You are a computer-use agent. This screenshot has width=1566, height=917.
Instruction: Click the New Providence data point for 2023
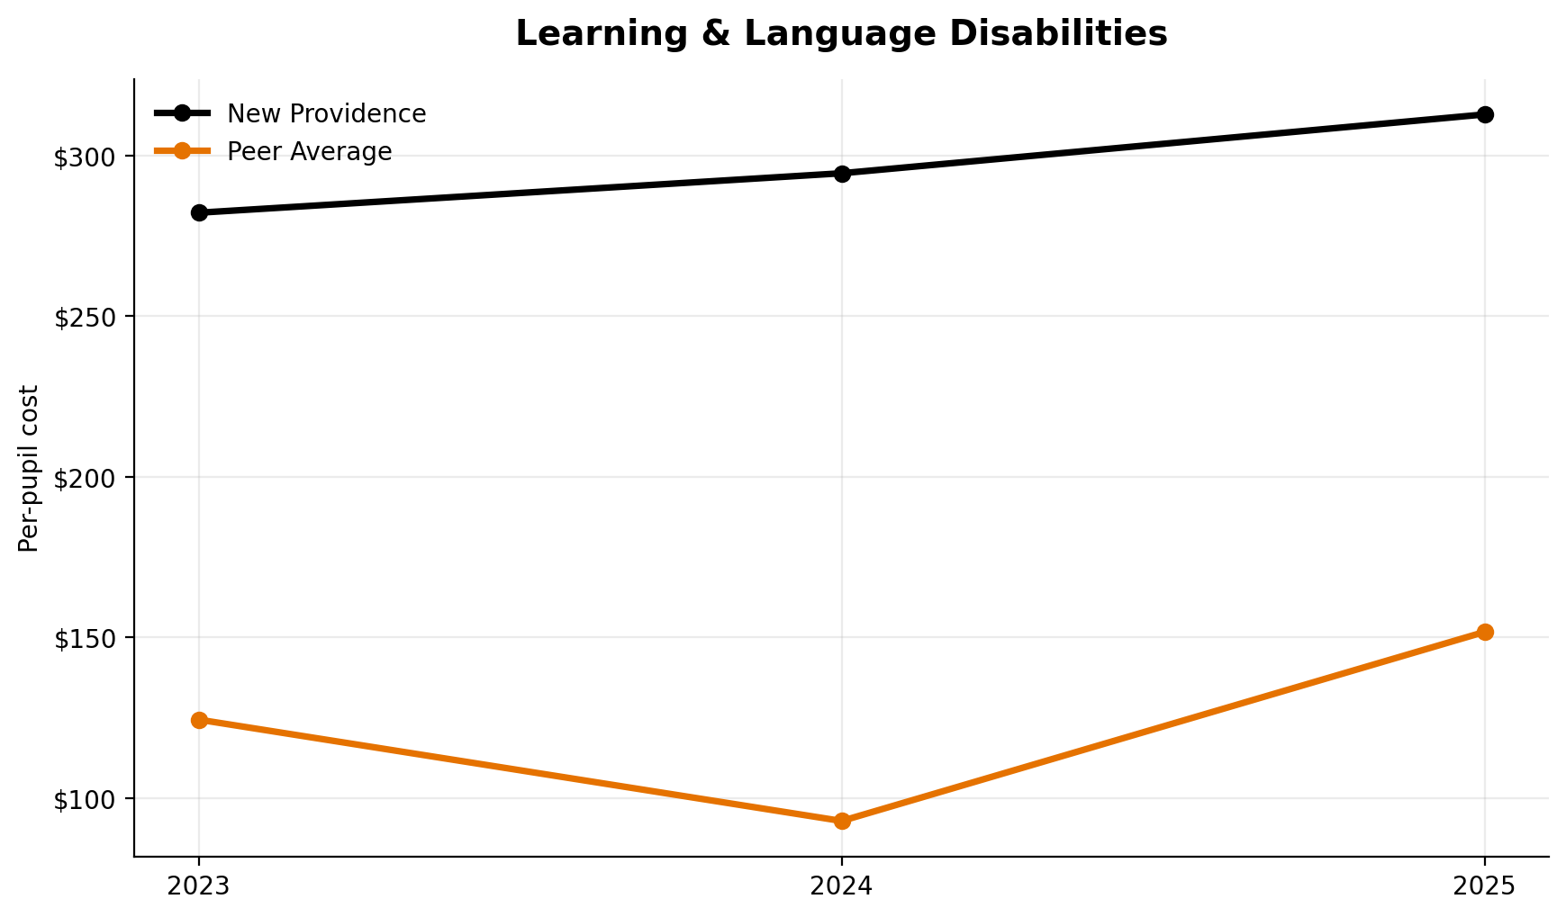click(199, 212)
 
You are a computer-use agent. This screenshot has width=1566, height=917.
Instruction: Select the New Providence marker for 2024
click(842, 174)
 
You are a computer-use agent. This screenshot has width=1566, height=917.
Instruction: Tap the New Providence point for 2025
click(1485, 114)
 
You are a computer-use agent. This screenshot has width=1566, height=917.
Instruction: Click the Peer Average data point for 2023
click(199, 720)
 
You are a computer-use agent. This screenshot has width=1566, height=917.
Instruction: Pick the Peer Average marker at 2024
click(842, 821)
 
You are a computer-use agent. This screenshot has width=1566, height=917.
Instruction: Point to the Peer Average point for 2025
click(1485, 632)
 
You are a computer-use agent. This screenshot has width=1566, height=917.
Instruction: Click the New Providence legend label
click(326, 114)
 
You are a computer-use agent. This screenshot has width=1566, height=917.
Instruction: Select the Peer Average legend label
click(309, 152)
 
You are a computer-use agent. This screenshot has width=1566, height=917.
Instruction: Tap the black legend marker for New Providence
click(182, 113)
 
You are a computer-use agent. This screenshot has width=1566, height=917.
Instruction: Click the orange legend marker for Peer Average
click(182, 151)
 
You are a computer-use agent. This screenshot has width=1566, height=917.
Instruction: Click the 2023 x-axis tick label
click(199, 886)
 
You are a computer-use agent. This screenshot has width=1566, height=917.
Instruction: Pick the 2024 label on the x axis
click(842, 886)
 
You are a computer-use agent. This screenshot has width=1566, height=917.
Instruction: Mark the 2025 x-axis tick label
click(1485, 886)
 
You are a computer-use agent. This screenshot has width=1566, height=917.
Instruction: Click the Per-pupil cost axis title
click(30, 468)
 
